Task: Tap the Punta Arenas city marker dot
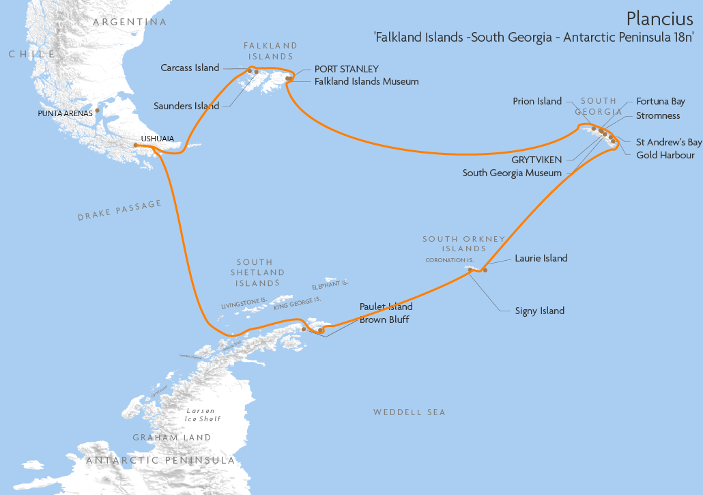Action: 98,110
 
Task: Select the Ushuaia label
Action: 157,139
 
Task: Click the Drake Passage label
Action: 119,210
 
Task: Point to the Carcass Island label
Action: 190,68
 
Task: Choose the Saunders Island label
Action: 186,106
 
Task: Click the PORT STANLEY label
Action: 346,69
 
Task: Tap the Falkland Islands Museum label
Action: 367,81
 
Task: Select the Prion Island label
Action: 537,101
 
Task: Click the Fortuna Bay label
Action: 660,101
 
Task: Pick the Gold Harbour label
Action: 665,155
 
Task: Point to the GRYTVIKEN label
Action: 536,160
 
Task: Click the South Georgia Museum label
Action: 512,173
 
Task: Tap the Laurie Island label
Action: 541,258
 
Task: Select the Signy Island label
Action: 539,311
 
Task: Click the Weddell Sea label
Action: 409,412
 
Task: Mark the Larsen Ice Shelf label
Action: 203,414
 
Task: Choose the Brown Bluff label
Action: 384,320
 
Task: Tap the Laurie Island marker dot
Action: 485,270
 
